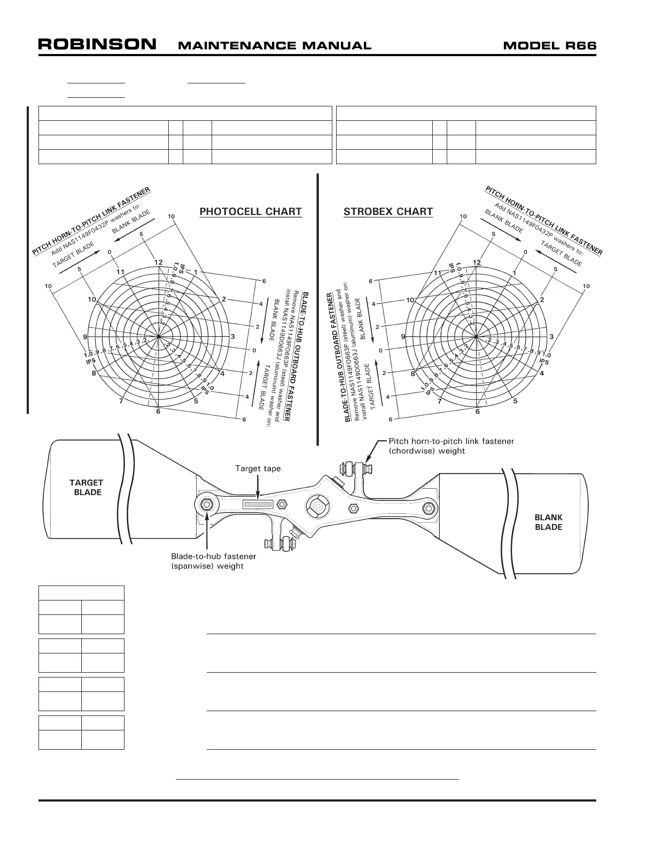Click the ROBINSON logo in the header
pyautogui.click(x=97, y=44)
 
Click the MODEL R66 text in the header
pyautogui.click(x=549, y=45)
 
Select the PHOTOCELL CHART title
pyautogui.click(x=251, y=212)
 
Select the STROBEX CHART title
pyautogui.click(x=388, y=212)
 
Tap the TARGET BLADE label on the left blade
pyautogui.click(x=87, y=487)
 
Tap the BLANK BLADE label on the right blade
pyautogui.click(x=548, y=522)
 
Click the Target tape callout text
pyautogui.click(x=258, y=468)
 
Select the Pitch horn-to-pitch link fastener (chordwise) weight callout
pyautogui.click(x=451, y=446)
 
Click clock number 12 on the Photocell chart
pyautogui.click(x=158, y=263)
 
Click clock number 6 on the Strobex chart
pyautogui.click(x=477, y=411)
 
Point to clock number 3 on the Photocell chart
pyautogui.click(x=232, y=337)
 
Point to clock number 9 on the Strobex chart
pyautogui.click(x=403, y=337)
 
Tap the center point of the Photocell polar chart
pyautogui.click(x=159, y=337)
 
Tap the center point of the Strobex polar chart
pyautogui.click(x=477, y=337)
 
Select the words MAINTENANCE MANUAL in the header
pyautogui.click(x=274, y=45)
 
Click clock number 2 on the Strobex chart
pyautogui.click(x=542, y=299)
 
